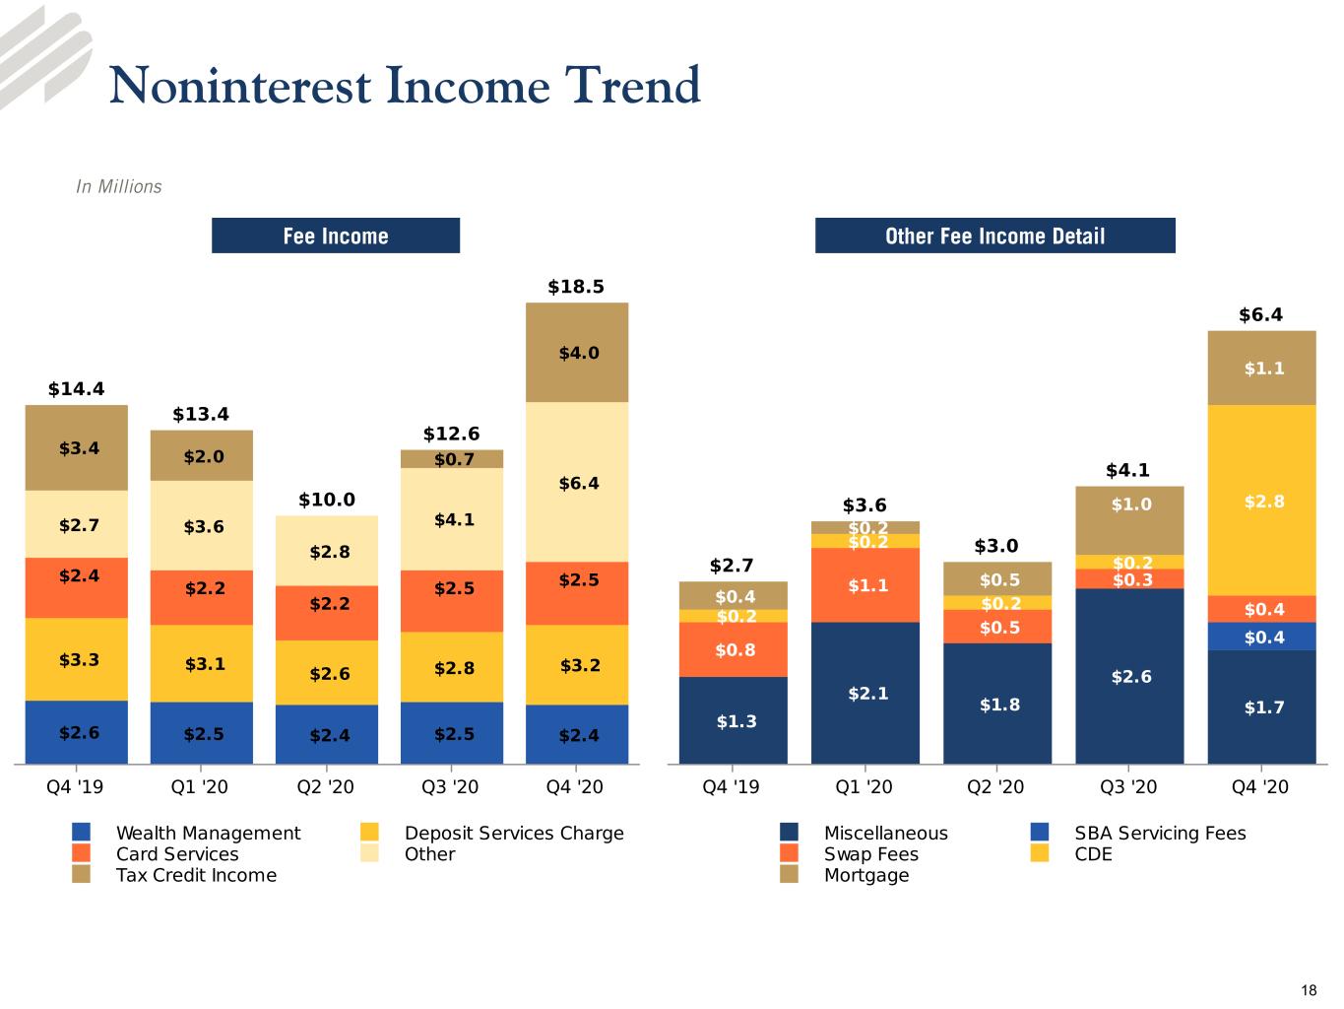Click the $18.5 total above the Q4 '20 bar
[x=576, y=287]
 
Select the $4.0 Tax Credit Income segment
[x=577, y=352]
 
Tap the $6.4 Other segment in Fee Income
[x=577, y=482]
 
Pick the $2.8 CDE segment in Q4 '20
[x=1261, y=501]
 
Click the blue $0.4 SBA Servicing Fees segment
[x=1261, y=637]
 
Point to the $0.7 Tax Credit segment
[x=452, y=459]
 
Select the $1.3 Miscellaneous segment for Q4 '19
[x=733, y=720]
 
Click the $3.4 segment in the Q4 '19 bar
[x=77, y=447]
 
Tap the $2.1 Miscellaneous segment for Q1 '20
[x=865, y=693]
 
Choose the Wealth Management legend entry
[x=187, y=833]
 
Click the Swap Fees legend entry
[x=850, y=853]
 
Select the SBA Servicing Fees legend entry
[x=1138, y=833]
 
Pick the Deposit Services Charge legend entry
[x=491, y=833]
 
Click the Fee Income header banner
[x=336, y=235]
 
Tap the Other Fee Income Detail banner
[x=995, y=235]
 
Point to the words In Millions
[x=119, y=186]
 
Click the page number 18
[x=1309, y=990]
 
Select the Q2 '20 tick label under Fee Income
[x=325, y=786]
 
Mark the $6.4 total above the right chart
[x=1260, y=315]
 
